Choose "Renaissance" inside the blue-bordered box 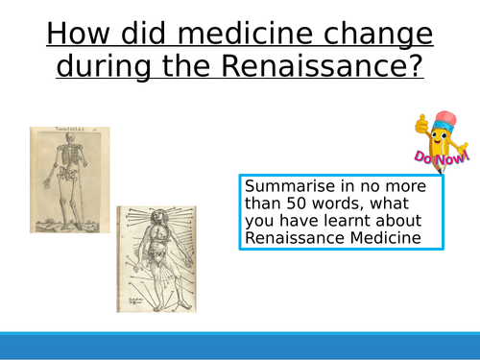(x=292, y=239)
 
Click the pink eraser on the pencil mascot (x=444, y=120)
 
